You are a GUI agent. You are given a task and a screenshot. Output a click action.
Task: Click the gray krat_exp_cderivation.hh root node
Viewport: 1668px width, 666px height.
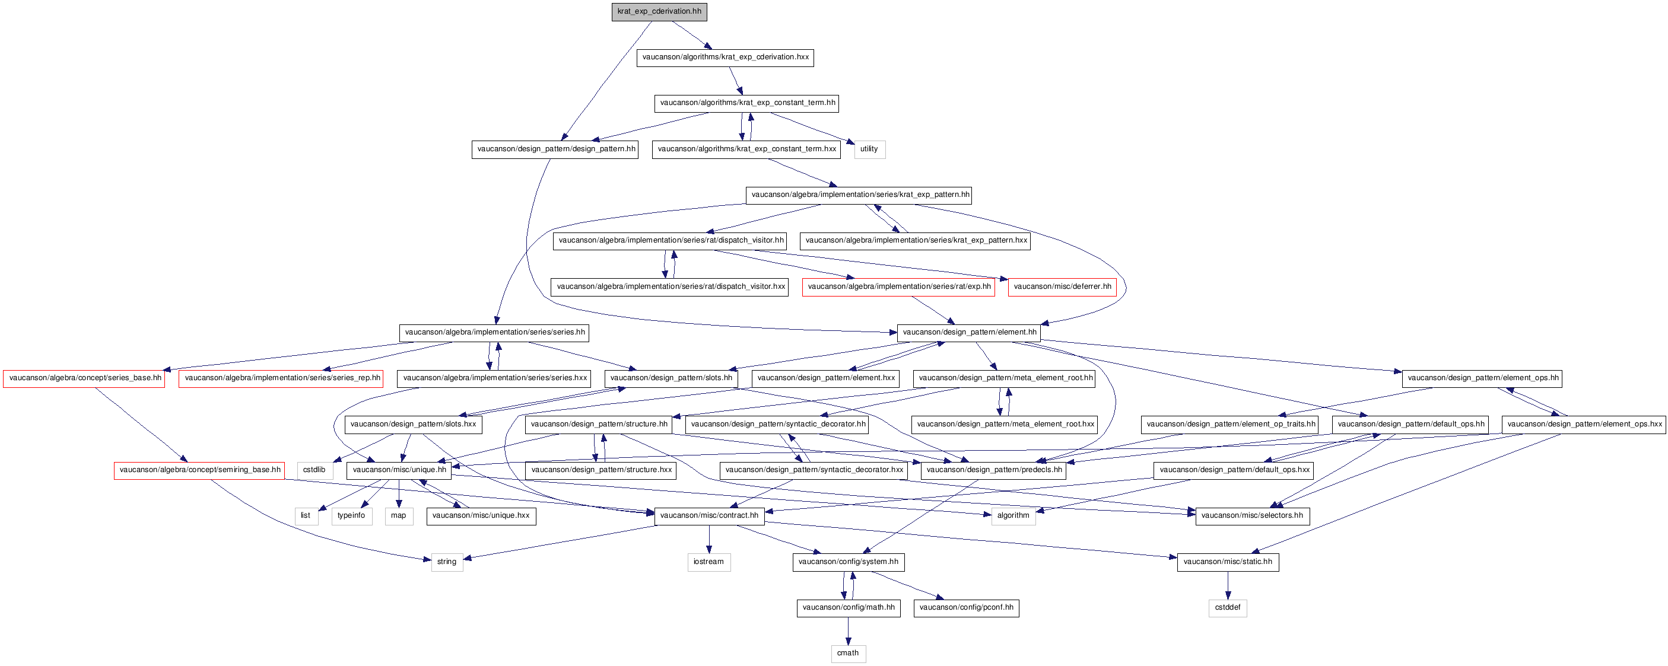pyautogui.click(x=659, y=12)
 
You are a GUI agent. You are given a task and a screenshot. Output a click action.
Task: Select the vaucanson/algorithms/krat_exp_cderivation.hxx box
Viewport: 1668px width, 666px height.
pyautogui.click(x=725, y=58)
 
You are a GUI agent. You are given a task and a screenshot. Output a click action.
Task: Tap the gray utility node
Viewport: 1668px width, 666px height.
pyautogui.click(x=869, y=149)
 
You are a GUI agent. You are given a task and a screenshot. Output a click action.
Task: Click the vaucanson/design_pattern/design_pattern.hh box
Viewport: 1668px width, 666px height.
pyautogui.click(x=555, y=149)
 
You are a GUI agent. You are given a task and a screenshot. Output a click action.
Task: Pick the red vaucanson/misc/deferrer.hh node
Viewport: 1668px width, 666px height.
pyautogui.click(x=1062, y=286)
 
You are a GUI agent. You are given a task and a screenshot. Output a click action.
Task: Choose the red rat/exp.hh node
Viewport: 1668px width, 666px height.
pyautogui.click(x=899, y=286)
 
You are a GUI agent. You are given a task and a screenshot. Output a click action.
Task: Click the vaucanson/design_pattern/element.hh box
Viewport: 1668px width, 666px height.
pyautogui.click(x=968, y=333)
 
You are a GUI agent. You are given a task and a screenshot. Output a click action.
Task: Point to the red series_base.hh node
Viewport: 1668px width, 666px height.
pyautogui.click(x=84, y=378)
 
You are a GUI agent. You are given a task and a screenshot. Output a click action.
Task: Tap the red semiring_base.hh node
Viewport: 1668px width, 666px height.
pyautogui.click(x=199, y=470)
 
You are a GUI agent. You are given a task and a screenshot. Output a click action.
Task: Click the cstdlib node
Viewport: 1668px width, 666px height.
pyautogui.click(x=314, y=470)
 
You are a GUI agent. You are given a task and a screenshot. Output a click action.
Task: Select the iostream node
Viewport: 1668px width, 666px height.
pyautogui.click(x=709, y=562)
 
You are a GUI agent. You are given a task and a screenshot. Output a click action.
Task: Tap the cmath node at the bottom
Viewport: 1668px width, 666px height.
pyautogui.click(x=849, y=654)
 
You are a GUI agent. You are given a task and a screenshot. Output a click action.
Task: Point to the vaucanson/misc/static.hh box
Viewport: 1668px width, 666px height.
pyautogui.click(x=1228, y=562)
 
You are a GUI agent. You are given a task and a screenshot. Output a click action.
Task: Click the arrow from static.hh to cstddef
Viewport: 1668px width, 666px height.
pyautogui.click(x=1228, y=586)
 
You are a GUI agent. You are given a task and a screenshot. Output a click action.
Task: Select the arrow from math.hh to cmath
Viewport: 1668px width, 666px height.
pyautogui.click(x=849, y=631)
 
